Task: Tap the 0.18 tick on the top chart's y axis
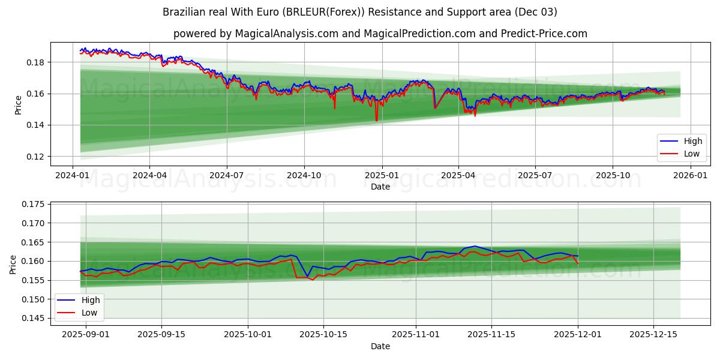(x=35, y=62)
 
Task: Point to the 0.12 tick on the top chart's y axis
(x=35, y=157)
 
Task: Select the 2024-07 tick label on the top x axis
(x=226, y=176)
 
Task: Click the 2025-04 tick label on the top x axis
(x=458, y=176)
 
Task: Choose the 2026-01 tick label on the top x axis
(x=691, y=176)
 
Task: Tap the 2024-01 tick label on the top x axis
(x=72, y=176)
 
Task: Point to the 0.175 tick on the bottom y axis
(x=33, y=204)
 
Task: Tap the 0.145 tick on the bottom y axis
(x=33, y=318)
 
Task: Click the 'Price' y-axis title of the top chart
(x=18, y=104)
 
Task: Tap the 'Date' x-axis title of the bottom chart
(x=380, y=346)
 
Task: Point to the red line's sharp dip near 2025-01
(x=376, y=121)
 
